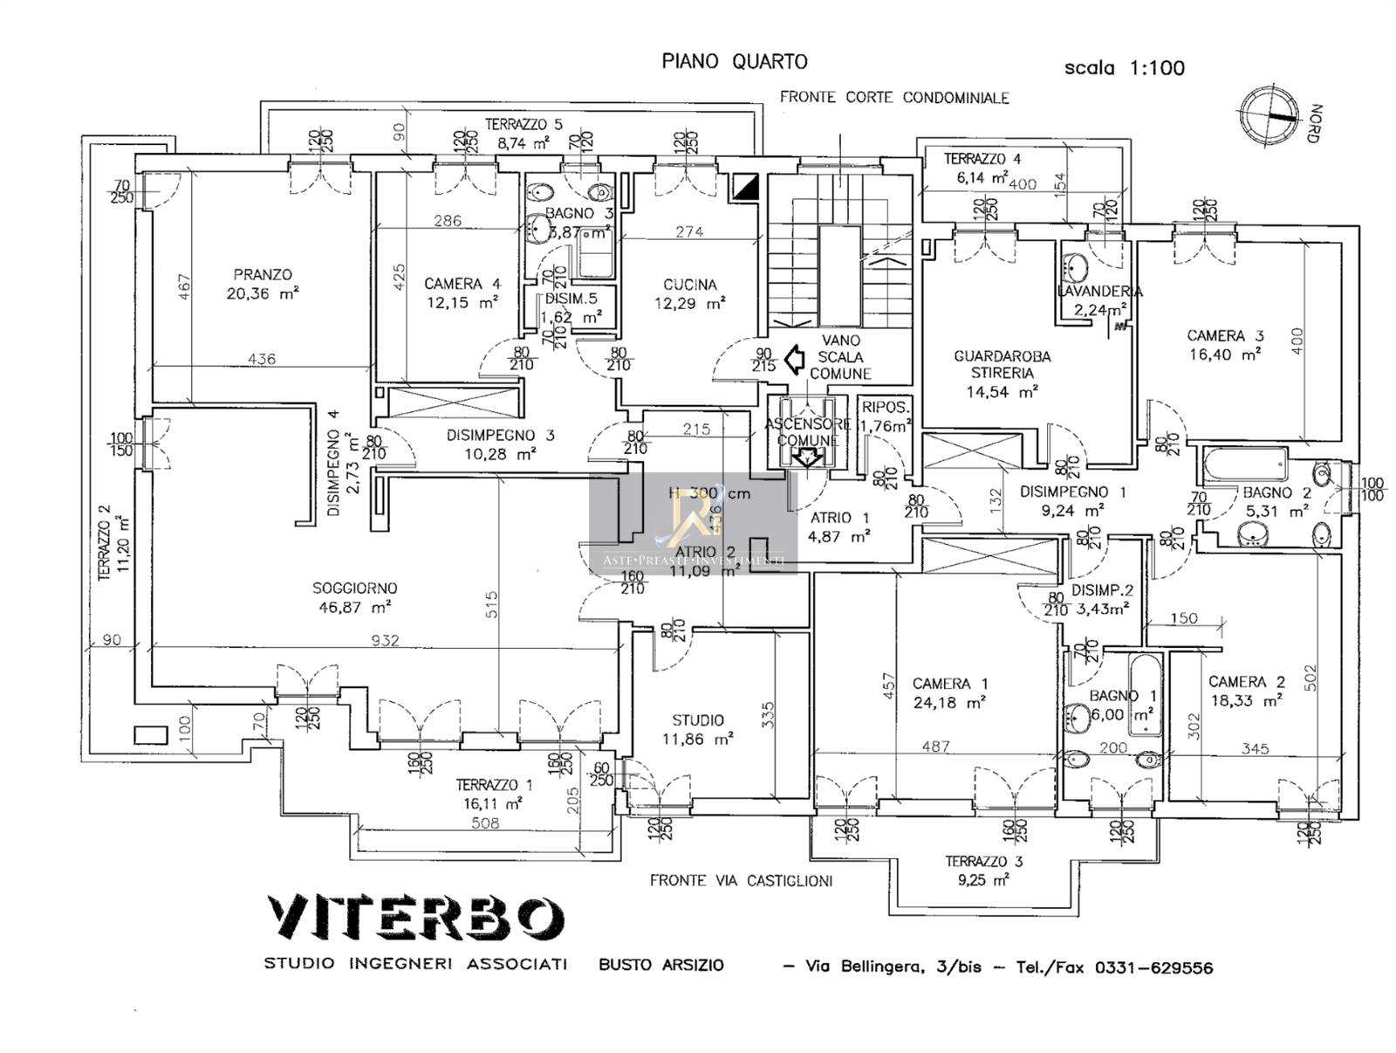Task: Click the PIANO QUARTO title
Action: coord(735,61)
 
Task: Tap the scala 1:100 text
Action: coord(1124,67)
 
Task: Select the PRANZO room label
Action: coord(263,274)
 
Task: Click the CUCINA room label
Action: coord(689,285)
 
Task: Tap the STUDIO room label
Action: coord(697,720)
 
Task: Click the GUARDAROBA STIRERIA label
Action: coord(1002,365)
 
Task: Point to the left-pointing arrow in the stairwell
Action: coord(795,359)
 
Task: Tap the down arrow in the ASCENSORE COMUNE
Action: coord(807,457)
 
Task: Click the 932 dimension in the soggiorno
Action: coord(385,640)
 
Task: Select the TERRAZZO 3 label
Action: coord(983,861)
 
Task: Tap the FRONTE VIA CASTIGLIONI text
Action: coord(741,880)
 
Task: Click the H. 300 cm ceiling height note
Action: coord(709,493)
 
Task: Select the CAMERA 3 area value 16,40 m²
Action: coord(1225,354)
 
